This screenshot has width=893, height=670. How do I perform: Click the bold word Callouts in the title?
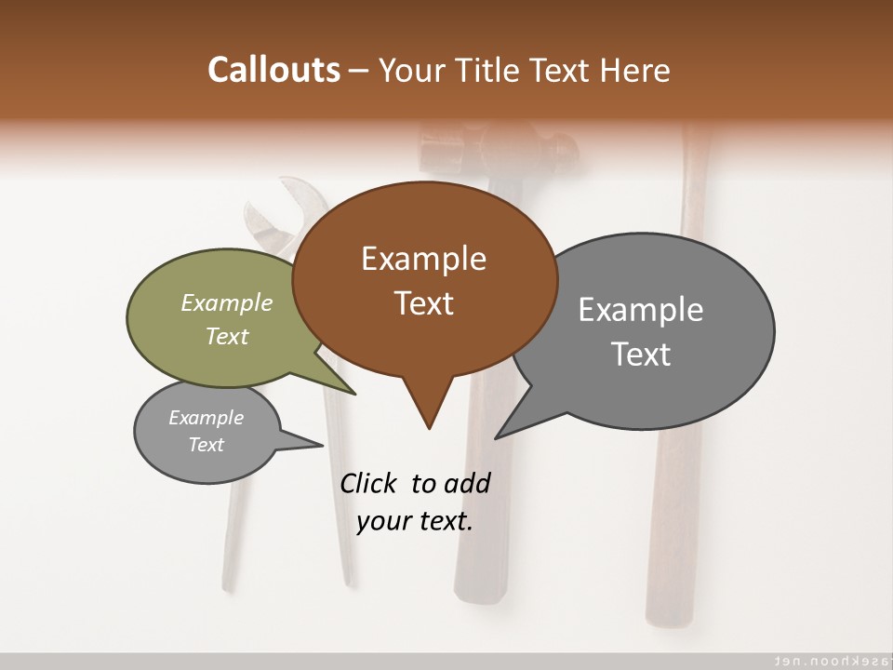pyautogui.click(x=273, y=70)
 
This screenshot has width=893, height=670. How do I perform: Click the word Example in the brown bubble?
pyautogui.click(x=423, y=259)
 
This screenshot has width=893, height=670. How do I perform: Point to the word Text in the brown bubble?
pyautogui.click(x=423, y=303)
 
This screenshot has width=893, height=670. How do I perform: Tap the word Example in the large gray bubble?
pyautogui.click(x=641, y=310)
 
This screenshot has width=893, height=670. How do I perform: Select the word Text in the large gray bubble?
pyautogui.click(x=641, y=355)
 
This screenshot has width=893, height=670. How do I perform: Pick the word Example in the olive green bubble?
pyautogui.click(x=227, y=302)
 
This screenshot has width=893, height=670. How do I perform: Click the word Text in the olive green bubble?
pyautogui.click(x=227, y=336)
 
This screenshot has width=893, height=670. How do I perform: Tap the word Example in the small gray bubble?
pyautogui.click(x=206, y=418)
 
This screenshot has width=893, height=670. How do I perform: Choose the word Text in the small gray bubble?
pyautogui.click(x=206, y=445)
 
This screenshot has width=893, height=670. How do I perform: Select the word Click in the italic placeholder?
pyautogui.click(x=369, y=483)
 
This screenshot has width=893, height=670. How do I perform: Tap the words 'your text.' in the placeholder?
pyautogui.click(x=415, y=521)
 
